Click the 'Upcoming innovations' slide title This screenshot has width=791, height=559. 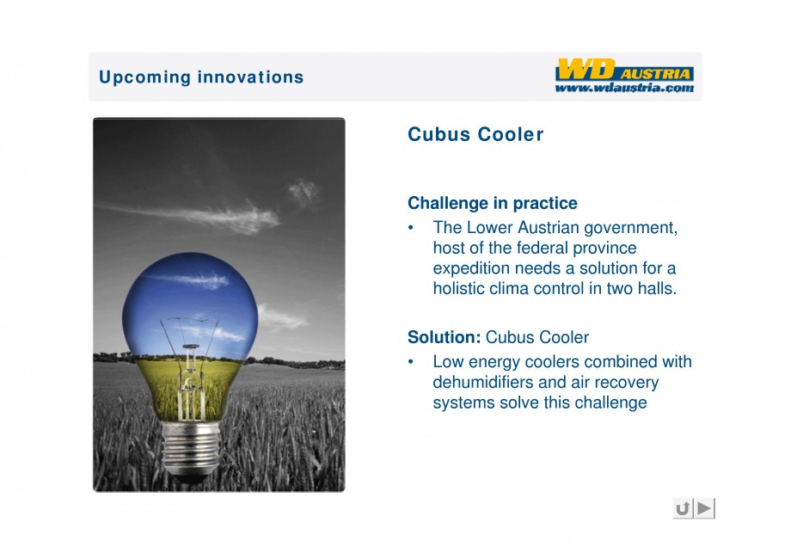click(x=201, y=77)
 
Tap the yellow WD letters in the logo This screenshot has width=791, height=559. click(x=586, y=69)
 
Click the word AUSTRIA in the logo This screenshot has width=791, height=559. click(x=655, y=74)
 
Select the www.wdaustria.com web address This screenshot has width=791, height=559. click(x=624, y=88)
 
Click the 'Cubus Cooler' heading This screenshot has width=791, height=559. click(x=475, y=134)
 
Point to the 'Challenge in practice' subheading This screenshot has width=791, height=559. click(x=493, y=203)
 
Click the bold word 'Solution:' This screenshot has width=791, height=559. click(x=444, y=337)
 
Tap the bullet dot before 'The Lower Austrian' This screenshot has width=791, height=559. click(x=411, y=228)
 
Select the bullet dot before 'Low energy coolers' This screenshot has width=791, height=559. click(x=411, y=362)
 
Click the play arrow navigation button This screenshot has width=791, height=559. click(x=705, y=508)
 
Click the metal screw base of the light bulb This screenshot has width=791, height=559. click(x=191, y=449)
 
